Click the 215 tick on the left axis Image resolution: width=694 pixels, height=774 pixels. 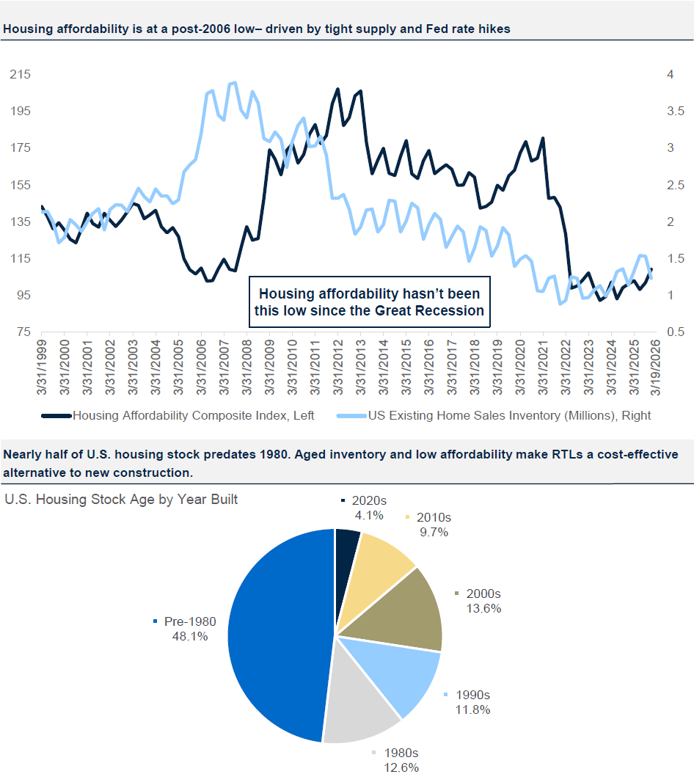point(19,75)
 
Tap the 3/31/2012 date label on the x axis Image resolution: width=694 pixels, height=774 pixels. point(338,367)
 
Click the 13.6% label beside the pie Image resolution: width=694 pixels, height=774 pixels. point(483,607)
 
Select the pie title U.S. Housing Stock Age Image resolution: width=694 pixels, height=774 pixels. point(121,500)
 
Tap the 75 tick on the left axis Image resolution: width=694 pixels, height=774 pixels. point(22,332)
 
